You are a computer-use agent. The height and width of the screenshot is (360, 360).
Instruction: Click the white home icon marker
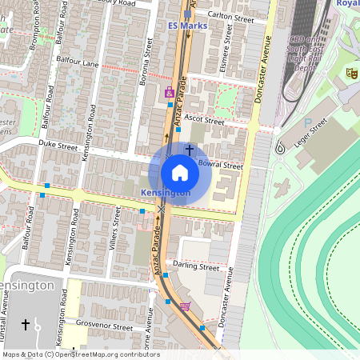coord(179,172)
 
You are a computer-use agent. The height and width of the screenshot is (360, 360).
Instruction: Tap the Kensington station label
coord(166,194)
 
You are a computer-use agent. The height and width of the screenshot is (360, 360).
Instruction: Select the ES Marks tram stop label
coord(188,26)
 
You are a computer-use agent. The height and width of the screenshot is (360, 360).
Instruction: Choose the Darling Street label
coord(196,266)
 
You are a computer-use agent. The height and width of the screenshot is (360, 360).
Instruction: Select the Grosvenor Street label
coord(105,326)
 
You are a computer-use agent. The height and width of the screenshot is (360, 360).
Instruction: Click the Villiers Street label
coord(118,228)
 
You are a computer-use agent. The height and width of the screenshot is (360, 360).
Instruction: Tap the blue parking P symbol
coord(308,122)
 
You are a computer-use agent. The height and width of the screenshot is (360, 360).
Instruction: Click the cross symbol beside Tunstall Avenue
coord(26,324)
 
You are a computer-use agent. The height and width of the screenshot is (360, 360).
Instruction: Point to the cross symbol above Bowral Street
coord(190,149)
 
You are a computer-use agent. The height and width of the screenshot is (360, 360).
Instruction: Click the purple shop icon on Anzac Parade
coord(169,93)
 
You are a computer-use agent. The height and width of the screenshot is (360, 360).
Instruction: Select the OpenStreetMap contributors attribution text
coord(80,354)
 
